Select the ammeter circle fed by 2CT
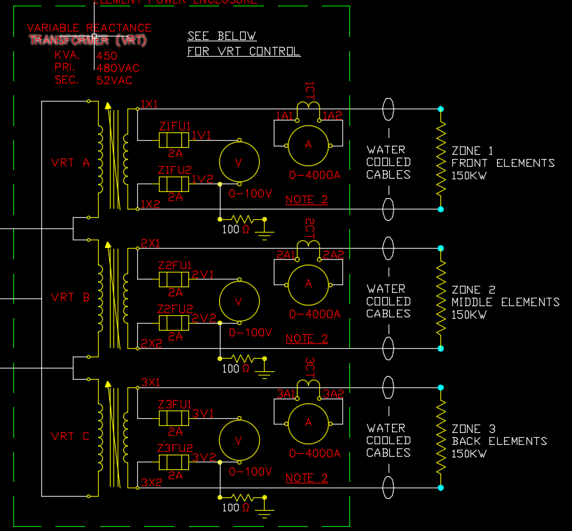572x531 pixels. click(x=308, y=283)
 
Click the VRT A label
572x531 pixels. click(x=71, y=163)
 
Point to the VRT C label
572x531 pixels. click(x=71, y=436)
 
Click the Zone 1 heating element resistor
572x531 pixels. click(x=441, y=159)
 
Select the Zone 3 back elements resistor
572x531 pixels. click(x=441, y=437)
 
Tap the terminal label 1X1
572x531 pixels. click(x=149, y=104)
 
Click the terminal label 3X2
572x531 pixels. click(x=151, y=483)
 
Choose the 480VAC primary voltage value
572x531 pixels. click(x=118, y=68)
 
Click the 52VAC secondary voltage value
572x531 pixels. click(x=114, y=81)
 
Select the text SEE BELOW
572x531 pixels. click(x=222, y=36)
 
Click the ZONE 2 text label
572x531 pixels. click(x=473, y=289)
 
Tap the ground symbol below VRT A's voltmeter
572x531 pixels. click(x=265, y=228)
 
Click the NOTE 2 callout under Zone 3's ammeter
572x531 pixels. click(x=307, y=478)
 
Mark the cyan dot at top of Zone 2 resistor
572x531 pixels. click(x=441, y=248)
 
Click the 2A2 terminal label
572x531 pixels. click(x=333, y=255)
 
